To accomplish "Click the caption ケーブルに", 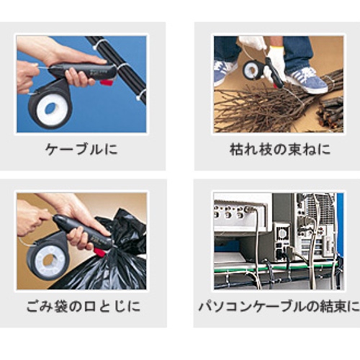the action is pos(81,150).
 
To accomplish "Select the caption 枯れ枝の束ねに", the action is pos(280,149).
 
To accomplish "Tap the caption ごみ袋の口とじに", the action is pos(83,307).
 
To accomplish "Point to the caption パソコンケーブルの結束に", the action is pos(279,307).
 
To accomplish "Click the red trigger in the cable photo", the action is pos(107,83).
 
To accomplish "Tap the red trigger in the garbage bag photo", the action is pos(102,252).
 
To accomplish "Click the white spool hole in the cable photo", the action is pos(50,109).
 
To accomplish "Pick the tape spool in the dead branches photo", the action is pos(252,68).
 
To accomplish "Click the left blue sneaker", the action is pos(225,72).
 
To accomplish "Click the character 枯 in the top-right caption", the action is pos(236,149).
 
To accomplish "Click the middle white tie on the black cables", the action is pos(122,66).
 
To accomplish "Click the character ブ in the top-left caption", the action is pos(81,150).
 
